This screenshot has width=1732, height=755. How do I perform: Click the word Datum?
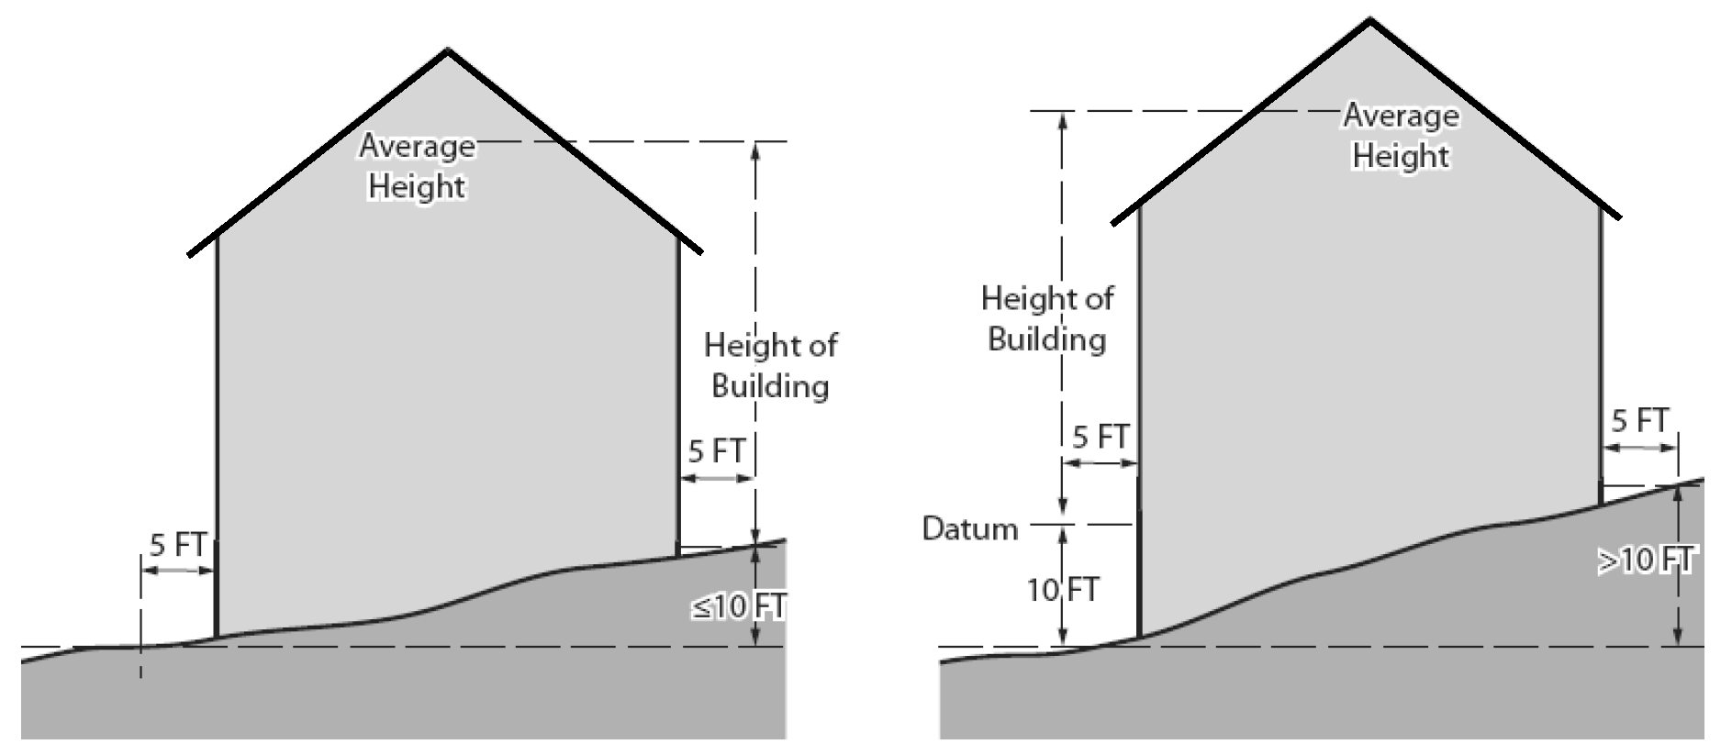969,529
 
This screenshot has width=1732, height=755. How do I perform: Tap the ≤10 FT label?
738,606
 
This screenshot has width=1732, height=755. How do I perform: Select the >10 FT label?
1647,560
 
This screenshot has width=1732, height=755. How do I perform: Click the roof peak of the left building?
448,51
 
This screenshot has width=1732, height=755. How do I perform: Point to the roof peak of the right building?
1369,22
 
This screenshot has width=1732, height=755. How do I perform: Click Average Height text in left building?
417,166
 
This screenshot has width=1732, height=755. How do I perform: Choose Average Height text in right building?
1401,136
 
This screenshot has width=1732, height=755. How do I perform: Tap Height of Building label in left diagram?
770,365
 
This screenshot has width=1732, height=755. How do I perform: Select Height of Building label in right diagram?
1046,318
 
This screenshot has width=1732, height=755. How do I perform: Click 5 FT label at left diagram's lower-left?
177,545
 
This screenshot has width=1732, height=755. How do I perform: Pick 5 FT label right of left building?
716,451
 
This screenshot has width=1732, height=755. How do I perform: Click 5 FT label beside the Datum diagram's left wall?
1100,437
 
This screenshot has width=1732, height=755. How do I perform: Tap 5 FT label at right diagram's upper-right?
1639,421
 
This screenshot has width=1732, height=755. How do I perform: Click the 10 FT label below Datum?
1062,589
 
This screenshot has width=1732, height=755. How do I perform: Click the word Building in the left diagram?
770,385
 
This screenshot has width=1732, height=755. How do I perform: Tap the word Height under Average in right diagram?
1401,156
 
